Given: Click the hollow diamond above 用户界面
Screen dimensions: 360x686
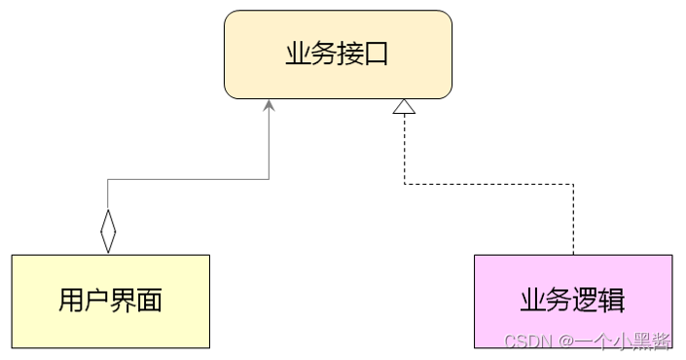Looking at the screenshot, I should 108,231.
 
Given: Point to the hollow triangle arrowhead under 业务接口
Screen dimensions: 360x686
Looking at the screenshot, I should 404,107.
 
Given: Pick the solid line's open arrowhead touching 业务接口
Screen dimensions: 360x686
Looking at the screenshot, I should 269,104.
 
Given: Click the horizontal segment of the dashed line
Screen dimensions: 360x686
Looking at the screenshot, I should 487,184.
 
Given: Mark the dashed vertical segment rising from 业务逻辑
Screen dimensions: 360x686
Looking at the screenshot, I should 573,219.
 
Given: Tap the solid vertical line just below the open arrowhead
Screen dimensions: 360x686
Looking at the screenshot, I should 269,141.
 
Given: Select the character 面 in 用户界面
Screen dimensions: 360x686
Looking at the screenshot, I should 149,301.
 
